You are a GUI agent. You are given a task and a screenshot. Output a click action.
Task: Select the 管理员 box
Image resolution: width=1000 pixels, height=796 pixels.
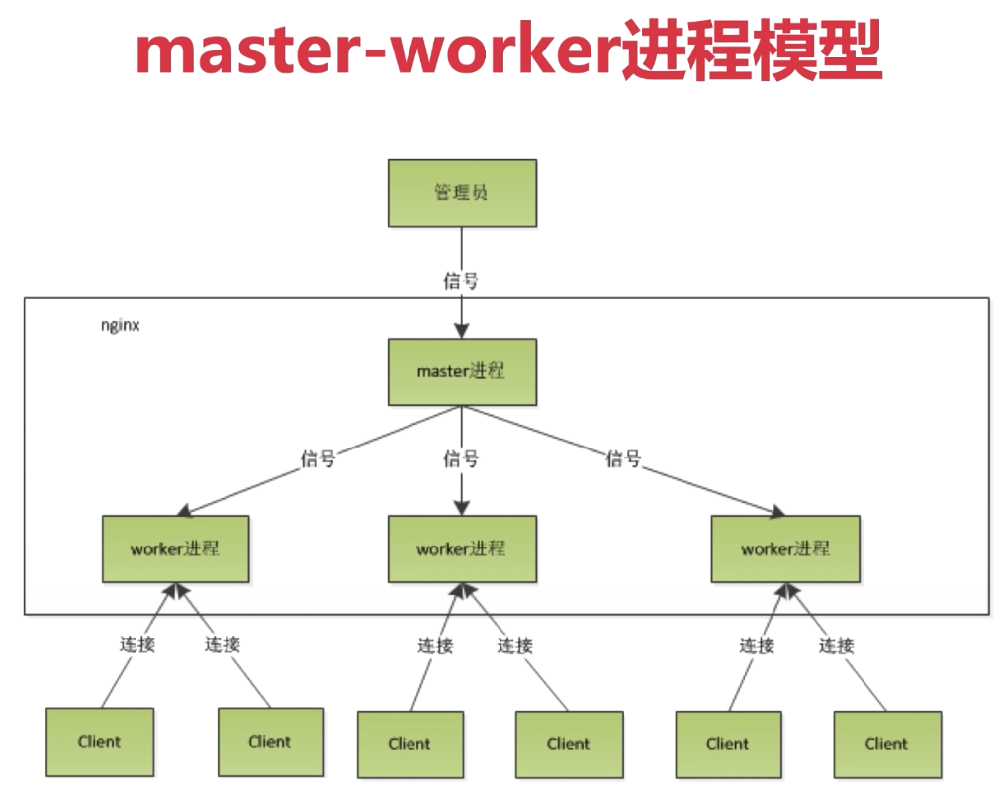coord(462,193)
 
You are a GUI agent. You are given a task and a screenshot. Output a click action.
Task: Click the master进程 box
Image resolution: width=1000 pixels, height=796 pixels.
coord(462,372)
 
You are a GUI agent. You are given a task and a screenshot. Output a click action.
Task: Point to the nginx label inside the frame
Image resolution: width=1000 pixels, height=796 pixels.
coord(120,325)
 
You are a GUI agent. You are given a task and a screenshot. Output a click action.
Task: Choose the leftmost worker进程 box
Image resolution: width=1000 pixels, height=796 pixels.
coord(175,548)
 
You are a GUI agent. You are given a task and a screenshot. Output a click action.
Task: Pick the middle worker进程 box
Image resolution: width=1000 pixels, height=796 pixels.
coord(462,548)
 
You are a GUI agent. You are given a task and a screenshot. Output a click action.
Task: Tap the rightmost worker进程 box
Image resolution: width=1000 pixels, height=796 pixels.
coord(785,548)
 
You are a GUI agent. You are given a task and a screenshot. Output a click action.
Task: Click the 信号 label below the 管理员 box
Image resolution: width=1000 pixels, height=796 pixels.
coord(462,281)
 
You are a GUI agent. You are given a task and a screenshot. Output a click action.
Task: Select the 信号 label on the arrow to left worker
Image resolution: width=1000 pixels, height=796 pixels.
coord(318,459)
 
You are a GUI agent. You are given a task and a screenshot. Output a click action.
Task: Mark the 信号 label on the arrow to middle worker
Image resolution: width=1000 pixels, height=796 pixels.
coord(462,459)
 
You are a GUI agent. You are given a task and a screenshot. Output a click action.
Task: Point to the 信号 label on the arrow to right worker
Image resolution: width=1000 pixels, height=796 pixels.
coord(624,459)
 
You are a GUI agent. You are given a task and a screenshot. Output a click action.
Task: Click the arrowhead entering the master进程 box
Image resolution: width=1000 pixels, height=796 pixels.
coord(462,331)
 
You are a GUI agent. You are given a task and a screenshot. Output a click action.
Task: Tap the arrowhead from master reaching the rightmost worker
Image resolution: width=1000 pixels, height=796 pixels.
coord(777,510)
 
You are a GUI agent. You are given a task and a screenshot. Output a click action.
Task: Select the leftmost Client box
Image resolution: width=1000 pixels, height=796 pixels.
coord(100,742)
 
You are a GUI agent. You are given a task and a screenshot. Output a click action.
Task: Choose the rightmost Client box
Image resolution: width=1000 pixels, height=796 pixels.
coord(886,744)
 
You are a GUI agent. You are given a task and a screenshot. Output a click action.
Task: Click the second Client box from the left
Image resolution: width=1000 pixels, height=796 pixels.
coord(270,742)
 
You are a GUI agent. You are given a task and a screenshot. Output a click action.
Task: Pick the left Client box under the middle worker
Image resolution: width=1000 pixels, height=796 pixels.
coord(409,744)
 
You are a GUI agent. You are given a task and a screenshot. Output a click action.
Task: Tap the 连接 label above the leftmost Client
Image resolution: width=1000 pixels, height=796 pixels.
coord(136,645)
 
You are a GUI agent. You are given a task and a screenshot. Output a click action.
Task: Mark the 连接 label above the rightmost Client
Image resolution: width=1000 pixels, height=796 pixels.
coord(837,646)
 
